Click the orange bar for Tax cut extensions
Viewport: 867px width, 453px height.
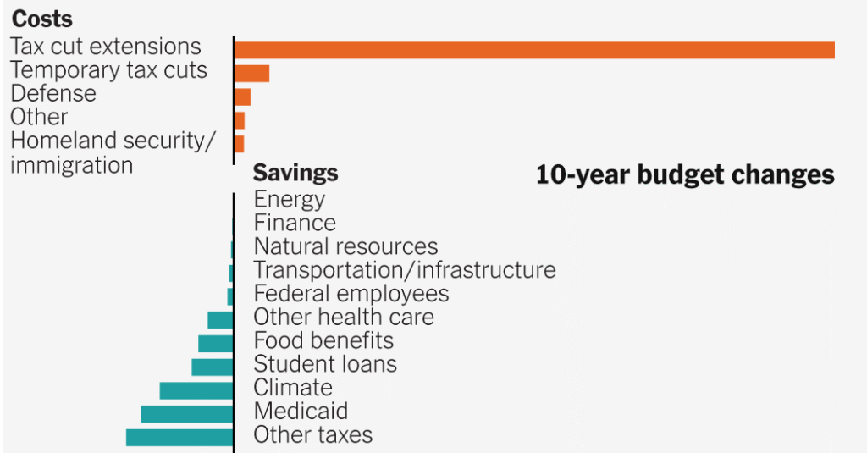[534, 50]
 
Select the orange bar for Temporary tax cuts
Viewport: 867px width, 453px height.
[251, 74]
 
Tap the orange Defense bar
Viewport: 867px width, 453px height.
[242, 97]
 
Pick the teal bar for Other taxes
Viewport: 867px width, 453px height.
[179, 437]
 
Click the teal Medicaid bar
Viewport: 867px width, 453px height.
[187, 414]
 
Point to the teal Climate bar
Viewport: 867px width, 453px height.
[196, 390]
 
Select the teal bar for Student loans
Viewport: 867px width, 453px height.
[212, 367]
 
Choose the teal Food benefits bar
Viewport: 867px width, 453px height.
[215, 343]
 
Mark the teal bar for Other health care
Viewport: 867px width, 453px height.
[220, 320]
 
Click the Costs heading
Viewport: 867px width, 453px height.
[41, 19]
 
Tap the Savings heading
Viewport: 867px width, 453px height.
[295, 174]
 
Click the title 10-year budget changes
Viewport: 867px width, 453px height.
[685, 175]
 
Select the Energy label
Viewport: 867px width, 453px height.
[290, 200]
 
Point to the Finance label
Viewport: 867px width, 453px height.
[295, 223]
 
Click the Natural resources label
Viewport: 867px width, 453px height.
[345, 246]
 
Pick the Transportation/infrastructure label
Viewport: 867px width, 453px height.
[405, 270]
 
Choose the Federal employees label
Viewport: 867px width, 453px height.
[351, 294]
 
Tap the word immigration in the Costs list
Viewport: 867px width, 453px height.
[71, 165]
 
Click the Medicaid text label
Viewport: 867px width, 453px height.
[301, 412]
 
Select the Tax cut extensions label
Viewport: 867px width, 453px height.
[106, 46]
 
